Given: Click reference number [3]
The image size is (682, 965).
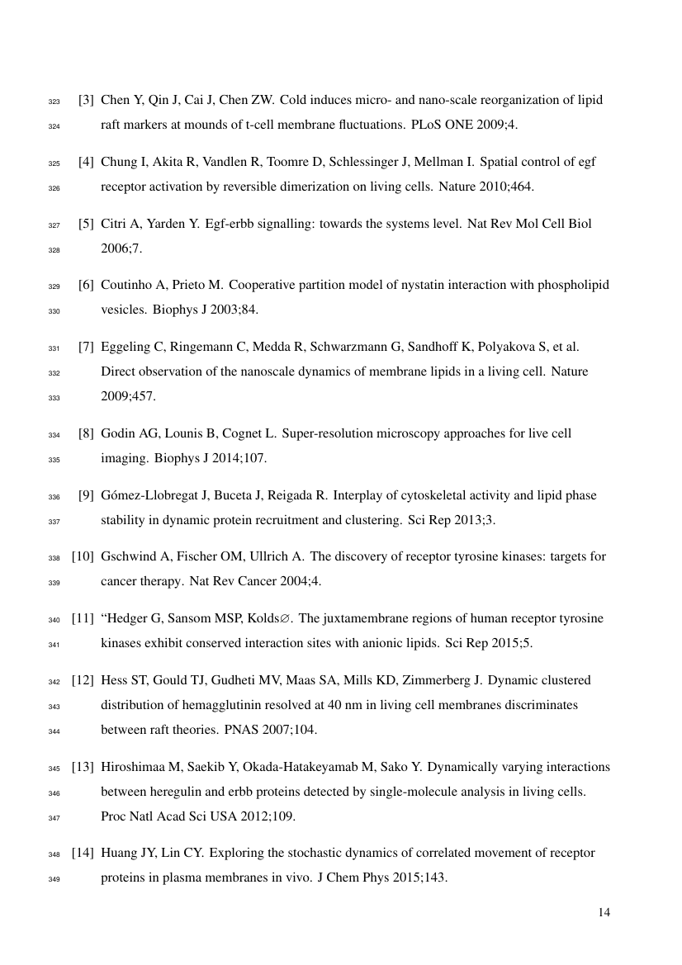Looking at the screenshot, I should (x=86, y=101).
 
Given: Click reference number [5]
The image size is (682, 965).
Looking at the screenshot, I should (x=86, y=224).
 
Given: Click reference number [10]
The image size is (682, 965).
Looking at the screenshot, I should (x=83, y=556).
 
